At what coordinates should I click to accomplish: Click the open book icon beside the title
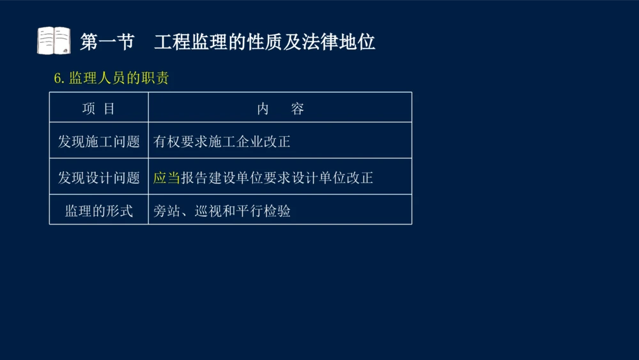tap(54, 41)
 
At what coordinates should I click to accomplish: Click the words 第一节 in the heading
tap(107, 42)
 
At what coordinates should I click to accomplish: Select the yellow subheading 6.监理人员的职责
tap(111, 78)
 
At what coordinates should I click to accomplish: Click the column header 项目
tap(98, 109)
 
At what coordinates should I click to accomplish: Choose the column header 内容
tap(280, 109)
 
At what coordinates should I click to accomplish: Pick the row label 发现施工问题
tap(98, 141)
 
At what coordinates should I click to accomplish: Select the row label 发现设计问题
tap(98, 178)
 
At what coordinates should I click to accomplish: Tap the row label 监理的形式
tap(98, 211)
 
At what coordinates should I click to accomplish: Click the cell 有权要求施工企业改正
tap(222, 141)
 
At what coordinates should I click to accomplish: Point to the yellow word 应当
tap(167, 178)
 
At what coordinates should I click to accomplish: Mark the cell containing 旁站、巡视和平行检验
tap(222, 211)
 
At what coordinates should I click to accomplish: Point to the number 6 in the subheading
tap(57, 79)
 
